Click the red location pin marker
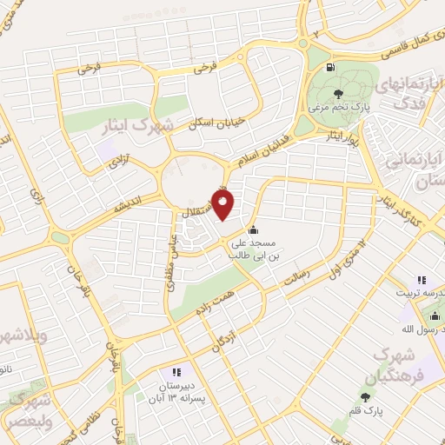[x=224, y=205]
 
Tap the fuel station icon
[x=329, y=68]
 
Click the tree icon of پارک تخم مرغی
[x=339, y=94]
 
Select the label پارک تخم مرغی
[x=339, y=108]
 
